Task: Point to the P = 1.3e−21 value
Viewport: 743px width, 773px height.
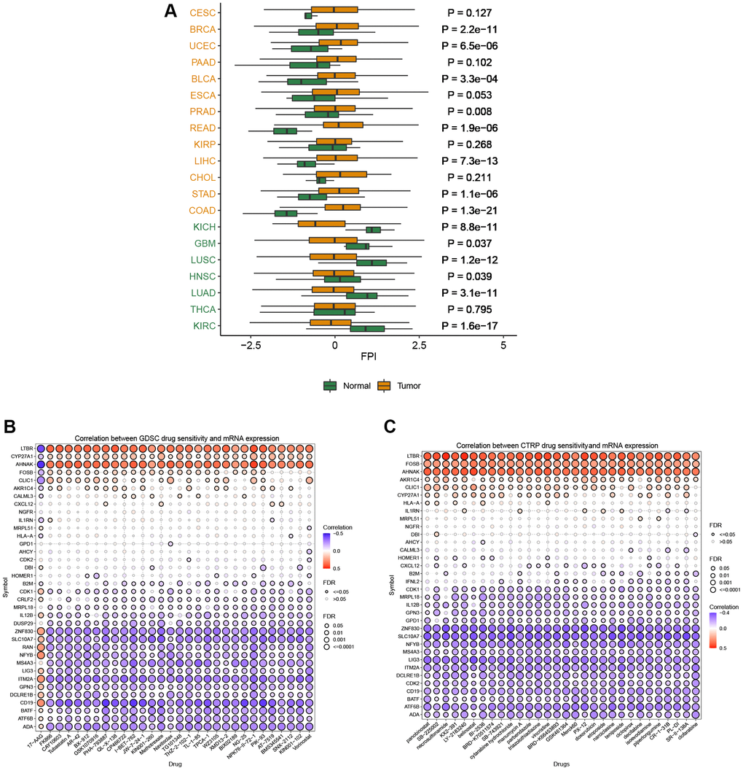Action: pos(470,210)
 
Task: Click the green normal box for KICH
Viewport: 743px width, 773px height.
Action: pos(373,230)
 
